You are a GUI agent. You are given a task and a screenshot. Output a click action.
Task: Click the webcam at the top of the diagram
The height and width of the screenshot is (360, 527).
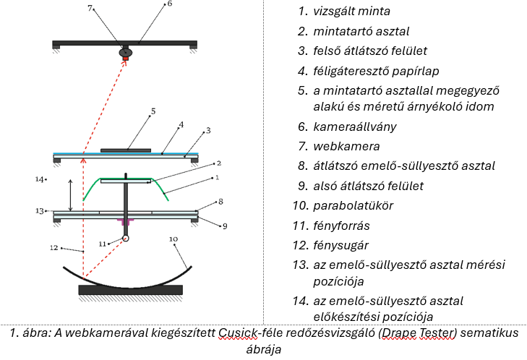click(x=126, y=52)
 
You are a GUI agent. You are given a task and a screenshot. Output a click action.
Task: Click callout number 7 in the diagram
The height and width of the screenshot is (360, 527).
click(x=90, y=9)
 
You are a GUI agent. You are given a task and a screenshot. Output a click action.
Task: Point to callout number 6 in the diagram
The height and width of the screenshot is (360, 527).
click(x=169, y=4)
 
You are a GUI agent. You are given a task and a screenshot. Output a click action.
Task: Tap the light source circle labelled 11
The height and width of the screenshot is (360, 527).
click(x=125, y=238)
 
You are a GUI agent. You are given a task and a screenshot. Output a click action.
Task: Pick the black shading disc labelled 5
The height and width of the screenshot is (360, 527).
click(x=126, y=150)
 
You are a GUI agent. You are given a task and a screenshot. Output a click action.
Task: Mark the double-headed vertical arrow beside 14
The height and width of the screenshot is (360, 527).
click(x=70, y=194)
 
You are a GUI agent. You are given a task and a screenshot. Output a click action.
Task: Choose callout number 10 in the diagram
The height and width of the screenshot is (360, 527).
click(x=173, y=238)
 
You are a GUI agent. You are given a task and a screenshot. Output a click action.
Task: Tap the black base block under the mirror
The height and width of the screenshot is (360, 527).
click(x=130, y=290)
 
